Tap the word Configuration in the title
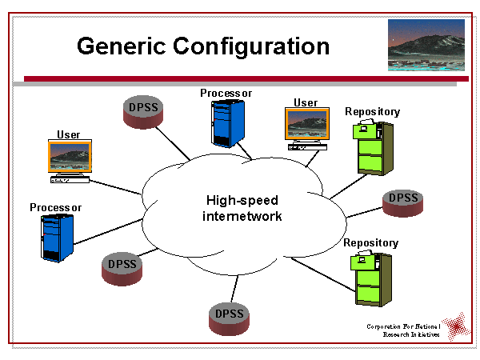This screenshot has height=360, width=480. (250, 46)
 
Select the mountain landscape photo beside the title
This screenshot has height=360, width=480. (426, 46)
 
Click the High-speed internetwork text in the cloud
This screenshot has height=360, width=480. (243, 208)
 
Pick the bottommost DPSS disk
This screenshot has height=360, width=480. (229, 313)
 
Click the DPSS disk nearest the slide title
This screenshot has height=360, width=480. (143, 111)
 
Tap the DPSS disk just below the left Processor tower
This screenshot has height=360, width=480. (122, 267)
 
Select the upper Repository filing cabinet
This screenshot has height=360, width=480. (374, 147)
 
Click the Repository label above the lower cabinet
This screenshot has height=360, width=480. (370, 242)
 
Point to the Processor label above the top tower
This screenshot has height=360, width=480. (226, 93)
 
